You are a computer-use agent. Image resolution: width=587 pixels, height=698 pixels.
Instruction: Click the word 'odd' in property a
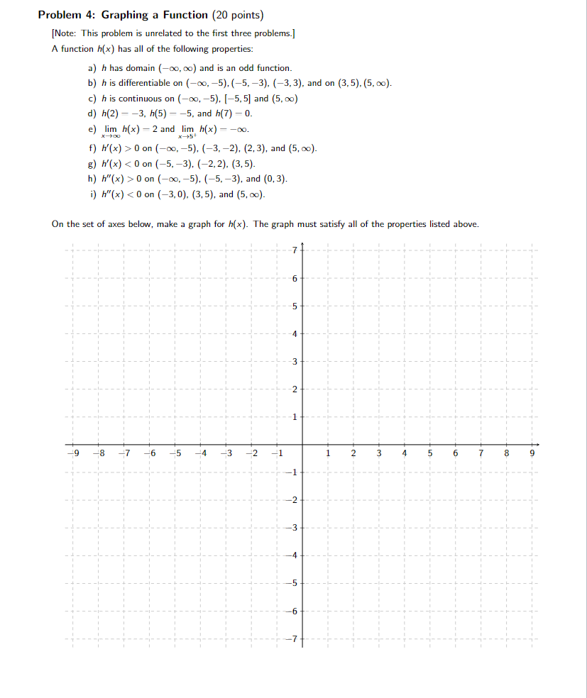(235, 68)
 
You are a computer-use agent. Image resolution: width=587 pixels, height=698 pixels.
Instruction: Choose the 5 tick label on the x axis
(429, 453)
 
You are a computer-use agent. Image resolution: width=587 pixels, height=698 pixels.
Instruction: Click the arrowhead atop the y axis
(303, 245)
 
